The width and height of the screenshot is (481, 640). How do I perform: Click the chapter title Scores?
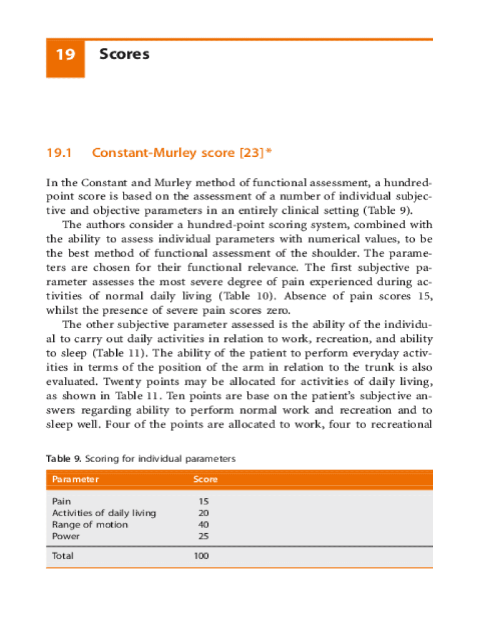[124, 54]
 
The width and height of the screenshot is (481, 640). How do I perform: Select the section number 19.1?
[60, 153]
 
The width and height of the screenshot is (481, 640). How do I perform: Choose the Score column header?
[205, 479]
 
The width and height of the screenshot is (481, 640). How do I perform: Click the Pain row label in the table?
[61, 501]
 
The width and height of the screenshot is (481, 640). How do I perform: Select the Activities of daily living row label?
[104, 513]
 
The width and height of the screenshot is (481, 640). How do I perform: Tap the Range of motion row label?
[90, 524]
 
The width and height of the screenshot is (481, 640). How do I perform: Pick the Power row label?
[66, 536]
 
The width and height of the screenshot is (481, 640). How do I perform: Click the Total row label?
[62, 556]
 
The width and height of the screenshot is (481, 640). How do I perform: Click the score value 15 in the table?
[204, 501]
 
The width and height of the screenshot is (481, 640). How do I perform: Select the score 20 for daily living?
[204, 513]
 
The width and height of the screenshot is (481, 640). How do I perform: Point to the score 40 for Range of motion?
[204, 524]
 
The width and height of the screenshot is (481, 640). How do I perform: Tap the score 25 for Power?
[204, 536]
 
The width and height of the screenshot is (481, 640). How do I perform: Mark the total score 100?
[201, 556]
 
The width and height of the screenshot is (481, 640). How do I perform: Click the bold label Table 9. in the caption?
[64, 459]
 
